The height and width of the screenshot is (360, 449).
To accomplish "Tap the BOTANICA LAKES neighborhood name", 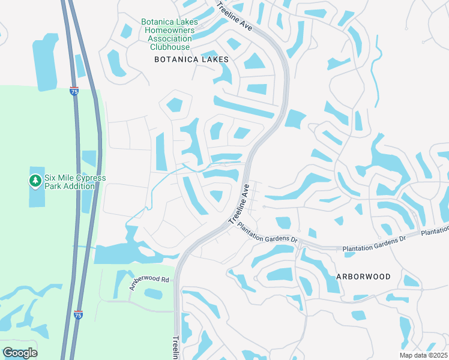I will pos(191,59).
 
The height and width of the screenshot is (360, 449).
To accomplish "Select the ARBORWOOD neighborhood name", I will pos(364,277).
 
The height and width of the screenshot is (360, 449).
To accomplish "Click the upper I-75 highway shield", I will pos(73,92).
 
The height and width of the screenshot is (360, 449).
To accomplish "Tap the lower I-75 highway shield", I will pos(78,314).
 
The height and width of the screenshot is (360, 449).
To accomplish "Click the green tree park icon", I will pos(35,180).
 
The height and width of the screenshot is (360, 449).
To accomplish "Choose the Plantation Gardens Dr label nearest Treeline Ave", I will pos(268,234).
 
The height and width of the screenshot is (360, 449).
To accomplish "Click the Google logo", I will pos(20,352).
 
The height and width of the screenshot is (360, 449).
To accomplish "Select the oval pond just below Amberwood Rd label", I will pos(153,294).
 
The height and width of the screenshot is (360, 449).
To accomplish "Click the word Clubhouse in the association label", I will pos(170,47).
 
